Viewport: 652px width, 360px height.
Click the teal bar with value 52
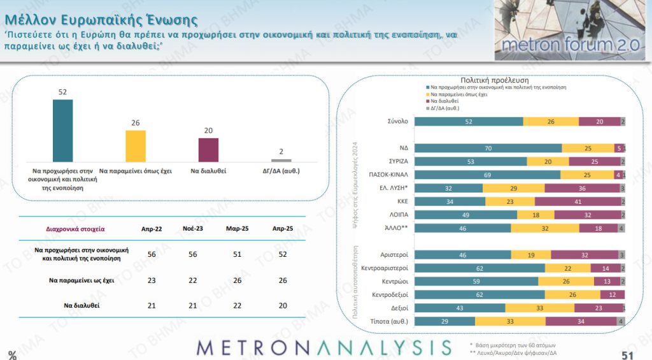click(62, 131)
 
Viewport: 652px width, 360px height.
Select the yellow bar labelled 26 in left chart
click(136, 146)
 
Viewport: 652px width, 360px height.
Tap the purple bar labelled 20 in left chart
click(208, 150)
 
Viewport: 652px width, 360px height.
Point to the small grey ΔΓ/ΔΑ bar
click(281, 161)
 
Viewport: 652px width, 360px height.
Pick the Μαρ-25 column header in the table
click(236, 227)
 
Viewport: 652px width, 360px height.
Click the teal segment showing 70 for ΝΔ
click(488, 148)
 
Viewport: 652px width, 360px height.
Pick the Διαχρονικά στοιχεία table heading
click(75, 227)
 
